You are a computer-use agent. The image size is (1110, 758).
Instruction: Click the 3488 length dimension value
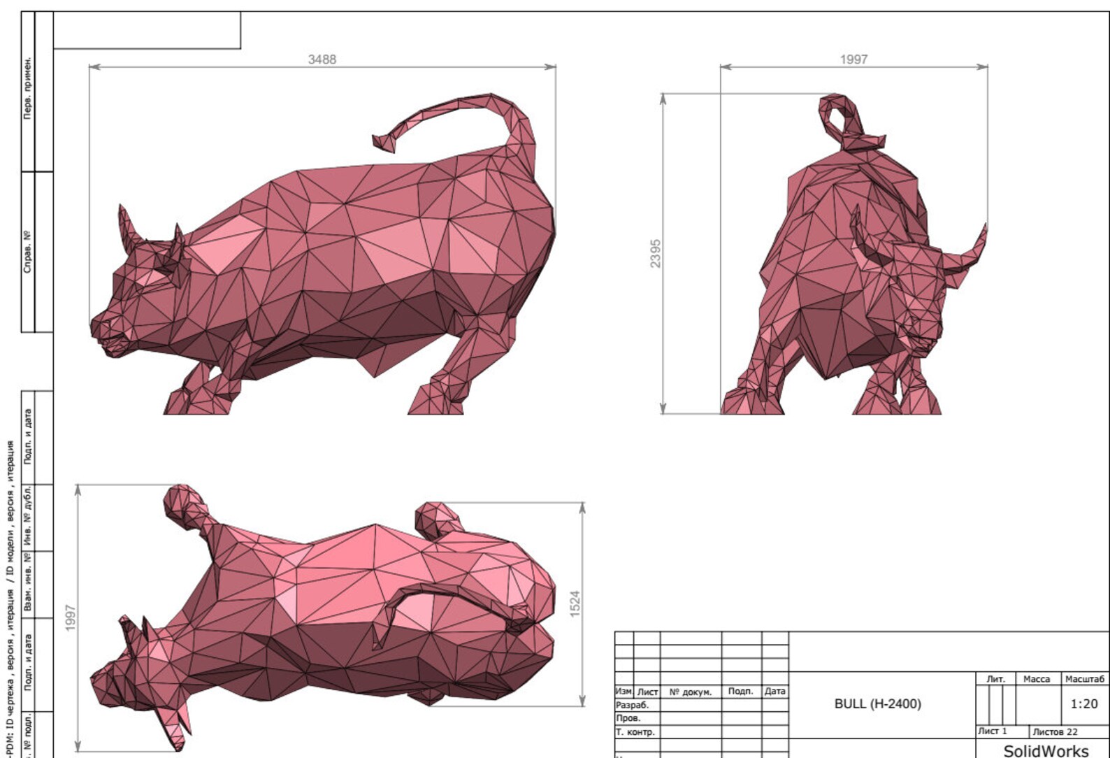pos(322,59)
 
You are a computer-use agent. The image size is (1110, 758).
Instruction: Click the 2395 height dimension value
pos(655,253)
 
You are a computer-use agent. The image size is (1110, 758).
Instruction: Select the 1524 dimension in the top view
pos(575,603)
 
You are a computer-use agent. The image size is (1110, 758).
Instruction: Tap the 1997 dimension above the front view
pos(853,59)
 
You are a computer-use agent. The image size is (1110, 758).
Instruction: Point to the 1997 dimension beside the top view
pos(71,618)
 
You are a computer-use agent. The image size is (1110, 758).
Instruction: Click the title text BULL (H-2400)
pos(877,703)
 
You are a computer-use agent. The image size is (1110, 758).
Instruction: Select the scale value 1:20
pos(1083,703)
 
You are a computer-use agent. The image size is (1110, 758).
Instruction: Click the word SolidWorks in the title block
pos(1046,751)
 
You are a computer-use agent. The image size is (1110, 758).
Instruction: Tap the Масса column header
pos(1036,679)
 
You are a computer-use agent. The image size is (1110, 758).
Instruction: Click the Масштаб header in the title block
pos(1085,679)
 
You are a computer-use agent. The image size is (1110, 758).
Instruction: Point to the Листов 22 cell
pos(1055,731)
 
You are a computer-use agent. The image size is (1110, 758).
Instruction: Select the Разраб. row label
pos(632,705)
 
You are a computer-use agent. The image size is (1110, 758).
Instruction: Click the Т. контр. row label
pos(635,732)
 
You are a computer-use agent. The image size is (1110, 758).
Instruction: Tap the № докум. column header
pos(690,692)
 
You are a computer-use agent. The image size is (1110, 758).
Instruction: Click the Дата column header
pos(774,691)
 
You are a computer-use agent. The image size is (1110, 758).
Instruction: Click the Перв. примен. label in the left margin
pos(28,88)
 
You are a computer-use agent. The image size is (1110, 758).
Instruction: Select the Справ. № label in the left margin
pos(28,252)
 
